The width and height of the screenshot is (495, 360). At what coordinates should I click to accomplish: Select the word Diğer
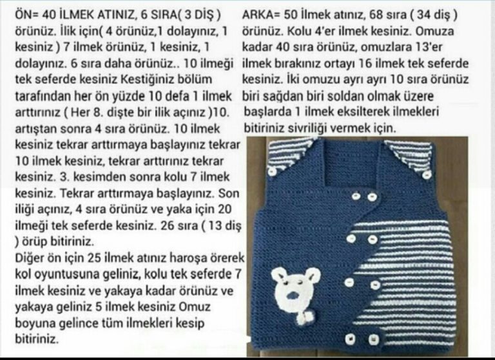[29, 258]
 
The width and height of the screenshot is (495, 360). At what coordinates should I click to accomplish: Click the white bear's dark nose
[292, 296]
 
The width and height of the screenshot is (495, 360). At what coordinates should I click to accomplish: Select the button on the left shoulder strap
[272, 172]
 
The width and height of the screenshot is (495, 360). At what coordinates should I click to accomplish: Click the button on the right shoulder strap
[427, 175]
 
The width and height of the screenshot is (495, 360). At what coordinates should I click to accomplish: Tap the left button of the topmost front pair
[356, 196]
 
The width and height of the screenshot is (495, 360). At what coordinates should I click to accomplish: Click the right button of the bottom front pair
[373, 340]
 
